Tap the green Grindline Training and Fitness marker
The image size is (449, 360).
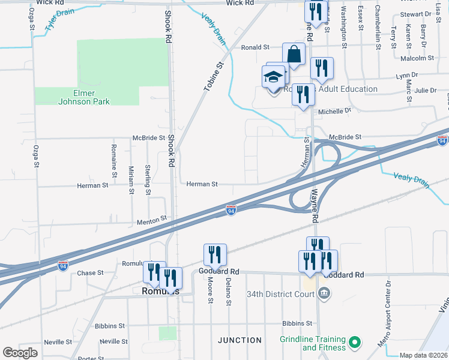[354, 343]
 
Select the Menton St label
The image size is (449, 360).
[151, 221]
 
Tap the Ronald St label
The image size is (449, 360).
[256, 47]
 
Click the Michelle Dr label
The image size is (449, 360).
[334, 111]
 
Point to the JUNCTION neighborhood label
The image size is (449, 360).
[240, 340]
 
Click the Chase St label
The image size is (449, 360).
[91, 273]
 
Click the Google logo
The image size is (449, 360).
[20, 353]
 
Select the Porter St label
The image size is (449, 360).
[91, 358]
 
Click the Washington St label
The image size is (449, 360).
[344, 27]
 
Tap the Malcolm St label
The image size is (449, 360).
[417, 58]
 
